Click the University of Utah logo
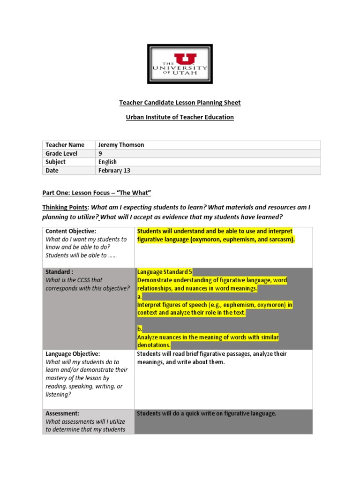coord(180,64)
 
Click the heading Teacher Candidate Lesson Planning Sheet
coord(180,103)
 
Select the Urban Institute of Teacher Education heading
coord(180,117)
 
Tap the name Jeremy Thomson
coord(121,145)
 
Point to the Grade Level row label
coord(61,153)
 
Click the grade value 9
coord(100,153)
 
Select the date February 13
coord(114,171)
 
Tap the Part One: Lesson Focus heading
coord(97,194)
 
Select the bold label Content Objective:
coord(70,231)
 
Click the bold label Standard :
coord(60,272)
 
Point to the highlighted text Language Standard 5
coord(165,272)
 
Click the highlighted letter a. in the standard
coord(140,297)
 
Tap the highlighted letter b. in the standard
coord(140,329)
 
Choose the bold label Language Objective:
coord(73,354)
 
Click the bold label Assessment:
coord(62,413)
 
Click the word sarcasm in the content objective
coord(280,240)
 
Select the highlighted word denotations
coord(154,345)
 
